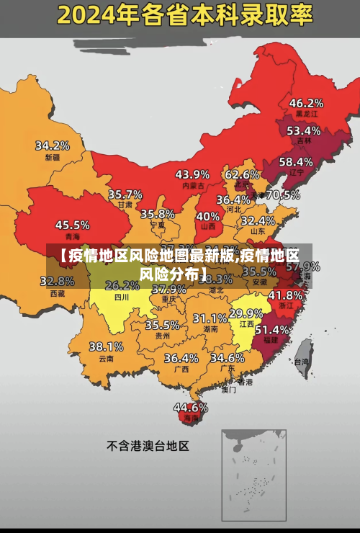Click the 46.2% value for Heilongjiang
click(306, 103)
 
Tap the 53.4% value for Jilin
click(303, 130)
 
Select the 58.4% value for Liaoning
click(296, 162)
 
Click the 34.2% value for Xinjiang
click(53, 145)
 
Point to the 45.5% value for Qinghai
click(73, 225)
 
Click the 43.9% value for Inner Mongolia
click(192, 174)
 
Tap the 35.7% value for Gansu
click(125, 194)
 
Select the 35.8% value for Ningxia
click(158, 214)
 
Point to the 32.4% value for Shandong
click(258, 220)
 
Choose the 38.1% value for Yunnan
click(106, 346)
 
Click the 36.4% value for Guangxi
click(181, 357)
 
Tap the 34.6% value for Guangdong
click(227, 357)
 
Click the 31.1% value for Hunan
click(210, 318)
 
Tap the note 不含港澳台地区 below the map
click(148, 446)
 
